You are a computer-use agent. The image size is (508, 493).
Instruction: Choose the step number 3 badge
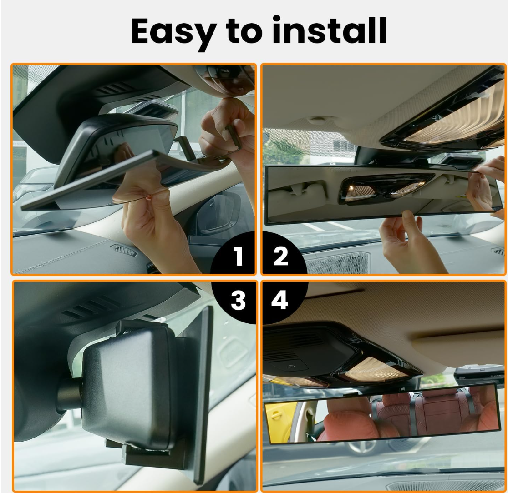pos(238,301)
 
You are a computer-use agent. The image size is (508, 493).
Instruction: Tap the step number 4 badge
pos(279,301)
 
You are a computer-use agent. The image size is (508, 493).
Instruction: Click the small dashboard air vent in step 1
pos(122,249)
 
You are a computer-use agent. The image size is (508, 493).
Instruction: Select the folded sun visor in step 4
pos(460,346)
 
